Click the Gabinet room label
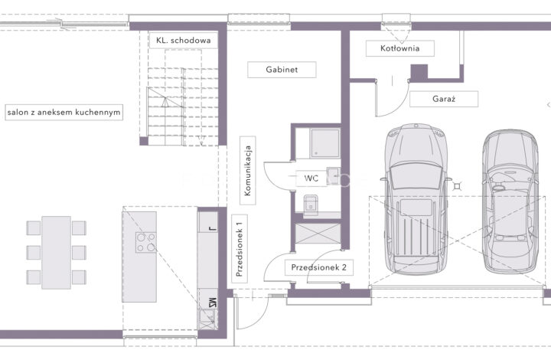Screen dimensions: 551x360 coord(282,70)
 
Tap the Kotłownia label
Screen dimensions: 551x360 coord(400,48)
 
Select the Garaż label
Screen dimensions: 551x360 coord(444,99)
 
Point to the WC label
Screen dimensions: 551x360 coord(311,178)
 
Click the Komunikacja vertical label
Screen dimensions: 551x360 coord(248,171)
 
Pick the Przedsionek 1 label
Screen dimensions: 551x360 coord(240,249)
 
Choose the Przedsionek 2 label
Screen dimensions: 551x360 coord(318,267)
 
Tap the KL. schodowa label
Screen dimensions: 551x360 coord(184,40)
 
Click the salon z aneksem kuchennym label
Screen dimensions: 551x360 coord(64,113)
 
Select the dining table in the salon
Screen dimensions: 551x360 coord(56,253)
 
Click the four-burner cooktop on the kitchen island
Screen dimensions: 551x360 coord(146,243)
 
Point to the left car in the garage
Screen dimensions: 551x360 coord(416,198)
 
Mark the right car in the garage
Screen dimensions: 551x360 coord(510,201)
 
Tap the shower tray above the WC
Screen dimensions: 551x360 coord(324,143)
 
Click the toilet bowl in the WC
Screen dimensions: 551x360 coord(311,205)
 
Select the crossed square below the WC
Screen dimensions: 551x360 coord(318,234)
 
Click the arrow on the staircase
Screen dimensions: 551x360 coord(165,102)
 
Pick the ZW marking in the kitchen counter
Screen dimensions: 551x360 coord(212,303)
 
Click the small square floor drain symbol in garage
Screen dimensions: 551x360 coord(457,185)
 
